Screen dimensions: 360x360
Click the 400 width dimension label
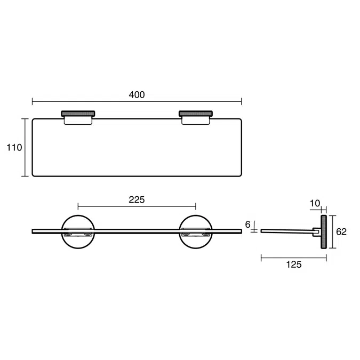[137, 94]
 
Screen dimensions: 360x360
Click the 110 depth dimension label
[14, 147]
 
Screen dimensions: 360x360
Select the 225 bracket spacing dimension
[137, 199]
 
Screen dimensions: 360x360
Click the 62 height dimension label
[341, 231]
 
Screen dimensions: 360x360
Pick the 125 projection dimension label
[293, 265]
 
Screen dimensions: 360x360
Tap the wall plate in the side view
[323, 231]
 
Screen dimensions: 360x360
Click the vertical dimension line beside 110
[25, 147]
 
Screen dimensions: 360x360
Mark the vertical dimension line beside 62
[333, 231]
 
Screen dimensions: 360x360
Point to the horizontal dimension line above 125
[293, 258]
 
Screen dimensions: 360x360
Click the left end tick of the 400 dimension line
[33, 101]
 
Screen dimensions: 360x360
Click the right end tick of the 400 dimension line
[242, 101]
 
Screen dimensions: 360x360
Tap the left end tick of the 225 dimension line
[78, 206]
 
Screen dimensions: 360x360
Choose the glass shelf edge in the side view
[285, 231]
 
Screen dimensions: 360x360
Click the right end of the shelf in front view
[241, 231]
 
